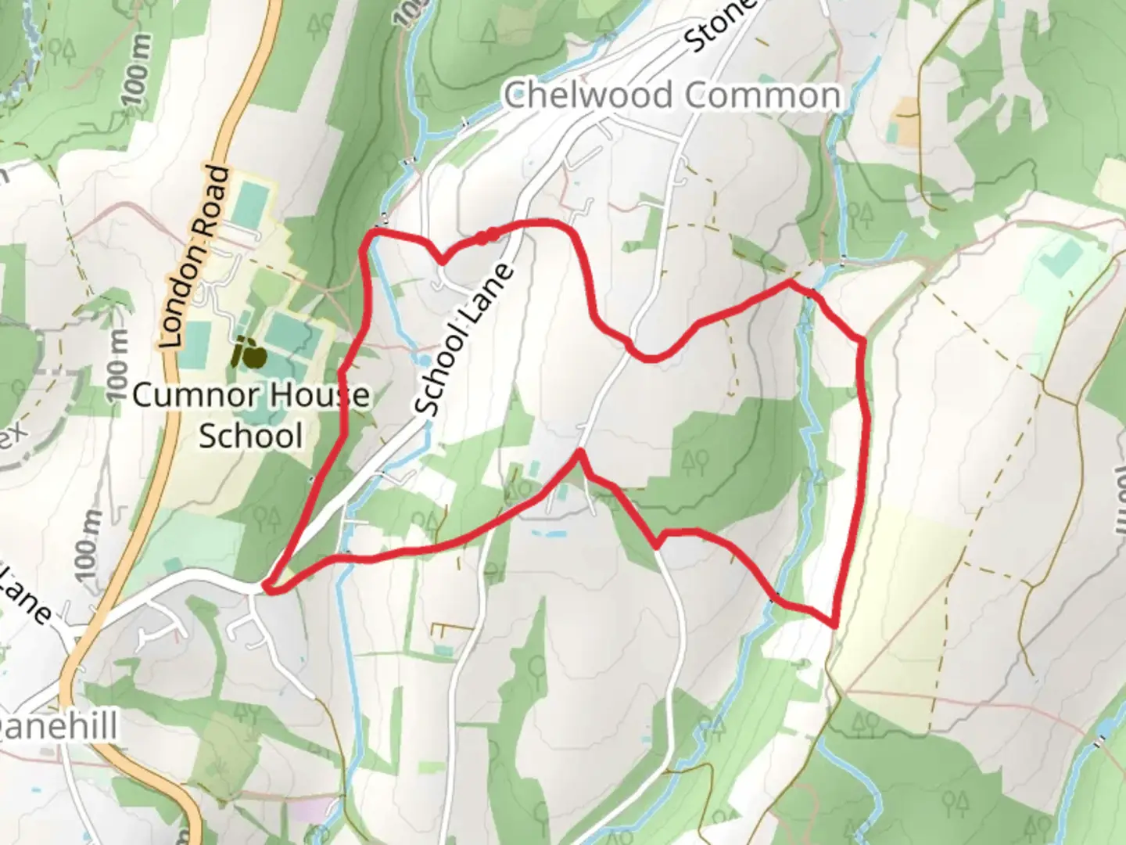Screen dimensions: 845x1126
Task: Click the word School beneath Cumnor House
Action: (250, 436)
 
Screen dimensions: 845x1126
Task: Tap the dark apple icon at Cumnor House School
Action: (250, 354)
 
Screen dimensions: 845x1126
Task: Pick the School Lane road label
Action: (464, 339)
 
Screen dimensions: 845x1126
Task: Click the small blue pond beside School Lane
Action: (422, 360)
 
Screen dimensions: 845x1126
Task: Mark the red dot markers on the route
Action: (487, 236)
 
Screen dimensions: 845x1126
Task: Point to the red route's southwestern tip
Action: (267, 587)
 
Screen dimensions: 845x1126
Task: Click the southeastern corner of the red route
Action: (835, 624)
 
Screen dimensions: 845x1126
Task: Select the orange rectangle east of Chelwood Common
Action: (908, 121)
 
